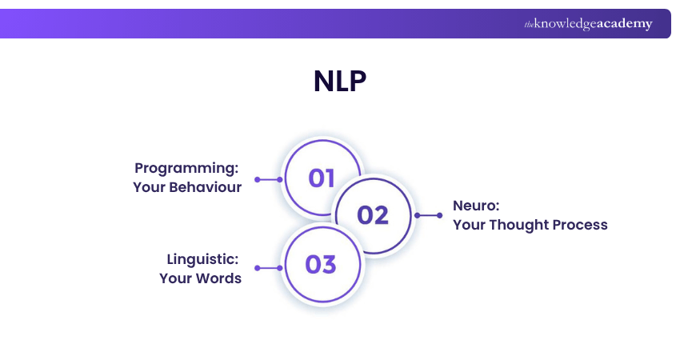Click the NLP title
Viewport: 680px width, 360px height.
coord(339,82)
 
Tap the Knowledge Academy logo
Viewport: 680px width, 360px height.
coord(588,24)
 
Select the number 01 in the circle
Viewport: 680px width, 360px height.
coord(322,178)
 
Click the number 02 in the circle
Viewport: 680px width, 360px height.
coord(373,215)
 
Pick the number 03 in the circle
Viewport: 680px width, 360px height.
coord(321,265)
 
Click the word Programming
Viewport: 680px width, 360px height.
coord(187,168)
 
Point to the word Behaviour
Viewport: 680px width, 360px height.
coord(202,187)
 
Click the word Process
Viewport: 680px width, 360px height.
coord(582,225)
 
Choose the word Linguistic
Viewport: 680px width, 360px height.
coord(203,259)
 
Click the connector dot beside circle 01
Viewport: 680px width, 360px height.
coord(279,179)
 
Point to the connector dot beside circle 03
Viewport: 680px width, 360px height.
coord(279,268)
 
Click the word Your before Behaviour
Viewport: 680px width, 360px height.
coord(148,187)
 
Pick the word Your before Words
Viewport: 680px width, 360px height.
coord(174,278)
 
